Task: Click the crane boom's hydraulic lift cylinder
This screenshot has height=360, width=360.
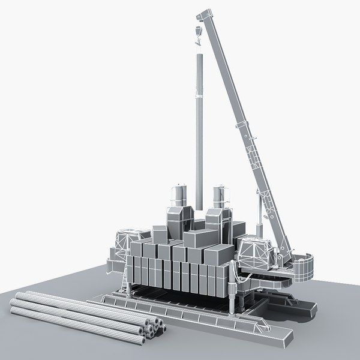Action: pyautogui.click(x=259, y=216)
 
